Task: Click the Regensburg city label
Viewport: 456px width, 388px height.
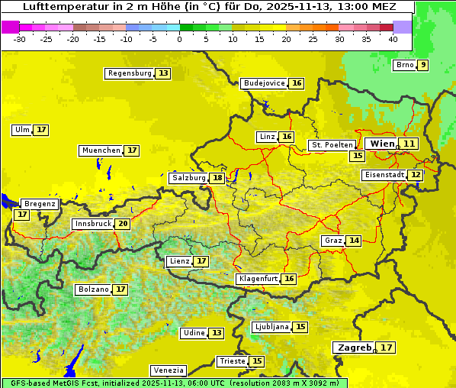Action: (x=130, y=73)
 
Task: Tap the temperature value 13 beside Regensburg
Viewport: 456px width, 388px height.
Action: (x=163, y=73)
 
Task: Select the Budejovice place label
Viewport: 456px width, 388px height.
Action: (x=264, y=83)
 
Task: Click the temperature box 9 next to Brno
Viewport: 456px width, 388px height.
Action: (x=422, y=65)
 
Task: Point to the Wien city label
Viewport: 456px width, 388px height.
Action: (x=382, y=144)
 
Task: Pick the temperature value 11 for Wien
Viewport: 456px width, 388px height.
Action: (x=409, y=144)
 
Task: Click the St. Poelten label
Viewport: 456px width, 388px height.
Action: (x=332, y=144)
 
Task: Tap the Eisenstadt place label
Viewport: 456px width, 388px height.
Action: (x=384, y=175)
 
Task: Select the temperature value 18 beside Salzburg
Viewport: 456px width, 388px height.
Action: (x=217, y=178)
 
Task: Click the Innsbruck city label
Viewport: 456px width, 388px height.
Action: (x=92, y=224)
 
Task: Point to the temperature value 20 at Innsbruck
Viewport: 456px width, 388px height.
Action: (x=123, y=224)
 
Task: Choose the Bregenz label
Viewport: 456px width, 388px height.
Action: (x=40, y=204)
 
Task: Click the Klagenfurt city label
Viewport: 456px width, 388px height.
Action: (x=257, y=279)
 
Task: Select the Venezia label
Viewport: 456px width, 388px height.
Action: (x=168, y=370)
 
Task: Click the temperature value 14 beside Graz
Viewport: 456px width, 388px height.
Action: (x=354, y=241)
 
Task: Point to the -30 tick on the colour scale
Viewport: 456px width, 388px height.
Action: (x=20, y=38)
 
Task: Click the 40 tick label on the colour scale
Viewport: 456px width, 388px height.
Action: (x=393, y=38)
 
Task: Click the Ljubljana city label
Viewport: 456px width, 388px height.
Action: (x=271, y=327)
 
